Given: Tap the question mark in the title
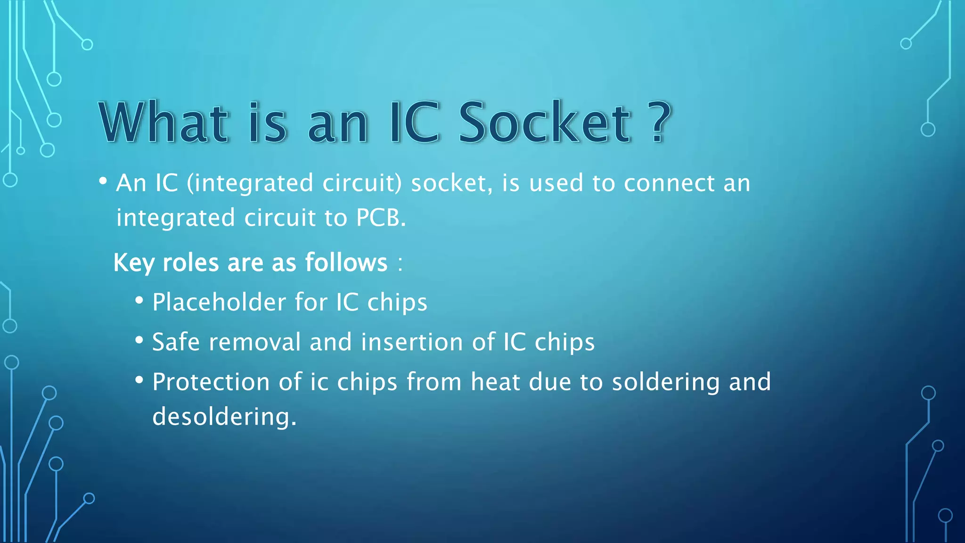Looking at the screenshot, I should tap(661, 123).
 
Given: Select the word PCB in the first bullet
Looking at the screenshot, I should tap(380, 218).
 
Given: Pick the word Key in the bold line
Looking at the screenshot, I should tap(134, 263).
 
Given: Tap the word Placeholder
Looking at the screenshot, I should tap(219, 303).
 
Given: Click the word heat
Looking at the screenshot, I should tap(495, 382).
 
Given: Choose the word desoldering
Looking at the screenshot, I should tap(224, 417).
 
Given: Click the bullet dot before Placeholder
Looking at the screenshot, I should tap(139, 300).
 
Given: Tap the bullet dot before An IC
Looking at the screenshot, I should tap(103, 181).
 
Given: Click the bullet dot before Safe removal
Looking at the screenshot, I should tap(139, 340).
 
